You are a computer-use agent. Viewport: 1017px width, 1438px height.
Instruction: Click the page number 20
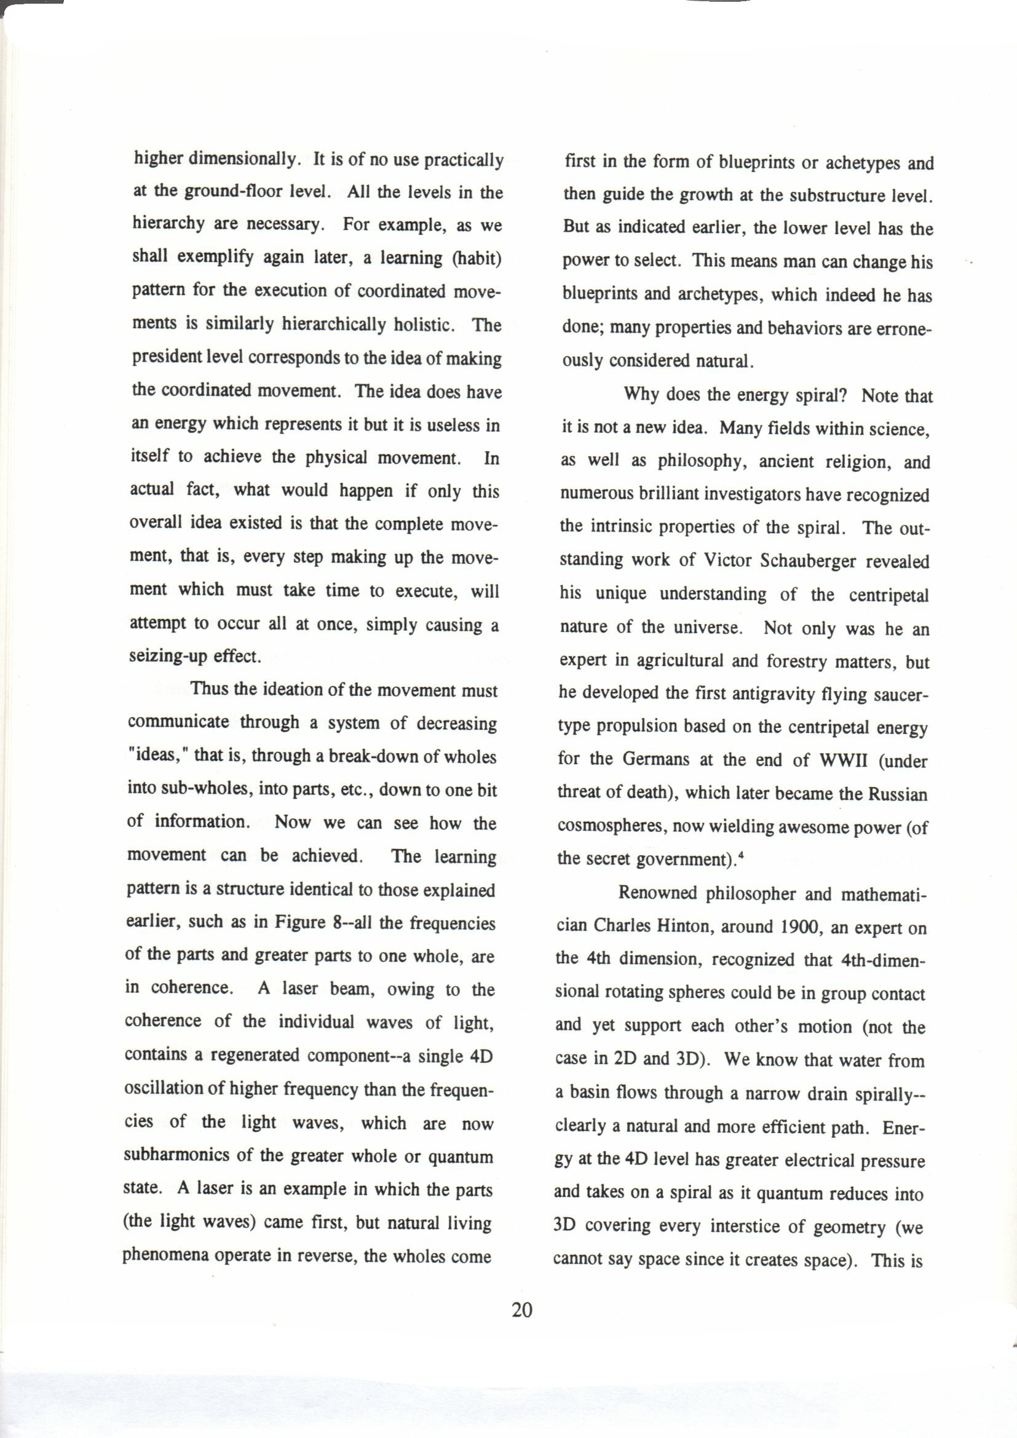tap(521, 1310)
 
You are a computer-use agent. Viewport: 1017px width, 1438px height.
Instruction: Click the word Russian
tap(897, 794)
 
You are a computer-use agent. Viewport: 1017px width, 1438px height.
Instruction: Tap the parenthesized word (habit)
tap(477, 258)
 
